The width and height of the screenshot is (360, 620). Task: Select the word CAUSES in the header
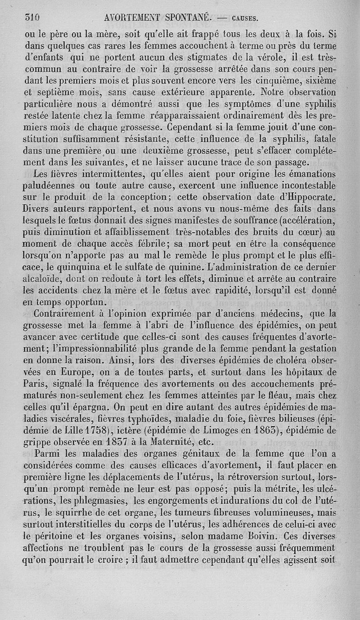(x=245, y=18)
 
